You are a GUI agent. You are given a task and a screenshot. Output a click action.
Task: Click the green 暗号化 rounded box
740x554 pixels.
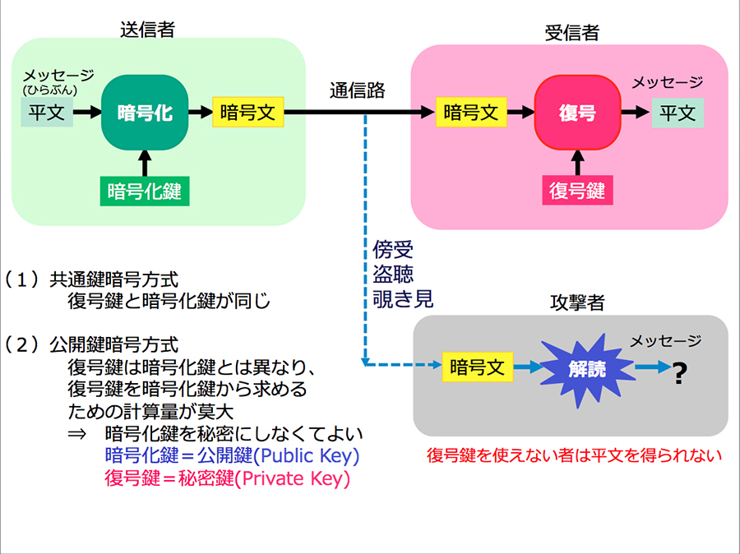click(x=145, y=113)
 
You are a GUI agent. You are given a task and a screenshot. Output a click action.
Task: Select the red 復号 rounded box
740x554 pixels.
click(x=577, y=113)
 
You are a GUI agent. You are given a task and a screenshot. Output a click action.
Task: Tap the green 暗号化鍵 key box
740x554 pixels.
click(x=145, y=192)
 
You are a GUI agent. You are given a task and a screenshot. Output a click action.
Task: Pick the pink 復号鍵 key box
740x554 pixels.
click(x=577, y=190)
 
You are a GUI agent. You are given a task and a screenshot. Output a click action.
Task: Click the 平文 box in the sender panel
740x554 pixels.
click(x=47, y=113)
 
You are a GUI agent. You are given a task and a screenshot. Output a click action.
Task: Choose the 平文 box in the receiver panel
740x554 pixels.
click(x=678, y=113)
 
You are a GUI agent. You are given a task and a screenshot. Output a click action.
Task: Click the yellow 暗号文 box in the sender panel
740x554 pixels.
click(x=247, y=112)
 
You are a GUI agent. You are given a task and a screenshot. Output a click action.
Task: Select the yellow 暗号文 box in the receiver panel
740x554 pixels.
click(x=471, y=112)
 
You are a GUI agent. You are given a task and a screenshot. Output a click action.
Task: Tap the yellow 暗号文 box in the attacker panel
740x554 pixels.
click(x=477, y=367)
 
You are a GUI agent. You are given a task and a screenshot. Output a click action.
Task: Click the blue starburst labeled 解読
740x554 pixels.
click(x=587, y=370)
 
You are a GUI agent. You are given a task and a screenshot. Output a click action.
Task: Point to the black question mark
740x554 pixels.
click(x=679, y=373)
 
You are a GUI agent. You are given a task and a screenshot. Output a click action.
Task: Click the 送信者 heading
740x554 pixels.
click(x=148, y=30)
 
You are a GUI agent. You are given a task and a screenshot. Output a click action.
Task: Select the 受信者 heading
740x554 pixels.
click(x=572, y=33)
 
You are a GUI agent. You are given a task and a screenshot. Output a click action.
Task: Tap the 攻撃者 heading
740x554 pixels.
click(x=577, y=302)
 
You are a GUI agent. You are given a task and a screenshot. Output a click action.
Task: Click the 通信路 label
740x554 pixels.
click(x=358, y=90)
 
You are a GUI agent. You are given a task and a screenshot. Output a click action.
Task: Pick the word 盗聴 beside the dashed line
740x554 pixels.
click(x=393, y=274)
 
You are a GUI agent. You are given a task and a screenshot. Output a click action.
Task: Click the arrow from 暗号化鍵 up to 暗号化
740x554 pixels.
click(x=145, y=164)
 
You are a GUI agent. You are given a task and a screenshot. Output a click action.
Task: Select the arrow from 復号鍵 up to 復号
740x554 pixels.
click(x=577, y=163)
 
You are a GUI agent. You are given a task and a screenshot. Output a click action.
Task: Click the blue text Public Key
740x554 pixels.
click(x=310, y=456)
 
